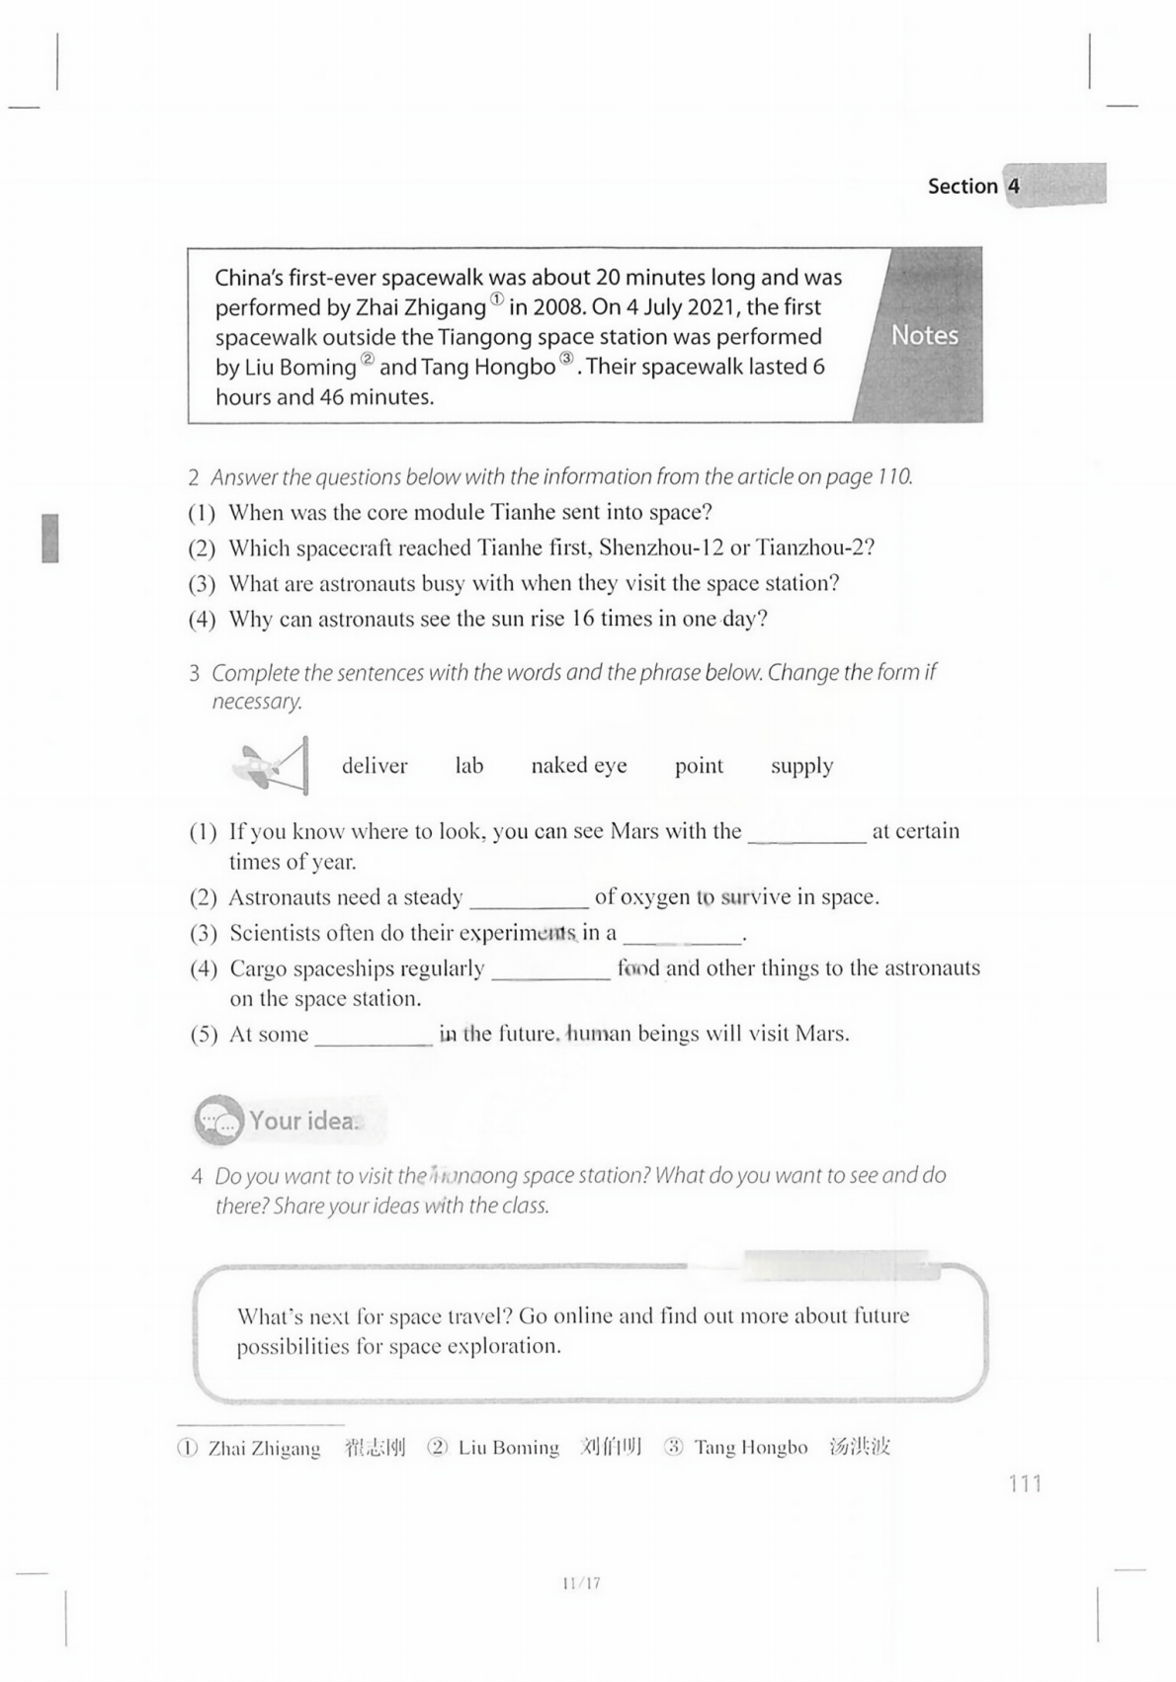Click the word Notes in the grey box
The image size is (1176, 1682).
tap(924, 336)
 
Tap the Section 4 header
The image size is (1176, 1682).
tap(972, 186)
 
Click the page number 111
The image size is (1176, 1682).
tap(1025, 1483)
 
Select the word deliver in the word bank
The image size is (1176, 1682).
tap(375, 766)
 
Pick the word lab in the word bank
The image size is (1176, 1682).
tap(469, 766)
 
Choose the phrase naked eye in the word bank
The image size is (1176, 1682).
tap(579, 766)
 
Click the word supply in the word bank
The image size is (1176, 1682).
tap(801, 766)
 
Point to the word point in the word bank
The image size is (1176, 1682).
tap(699, 766)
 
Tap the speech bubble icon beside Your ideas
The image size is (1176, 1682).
tap(218, 1121)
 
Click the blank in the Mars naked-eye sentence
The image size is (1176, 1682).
tap(806, 833)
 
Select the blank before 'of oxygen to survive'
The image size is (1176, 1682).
tap(529, 898)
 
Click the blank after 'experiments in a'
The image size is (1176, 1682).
tap(682, 934)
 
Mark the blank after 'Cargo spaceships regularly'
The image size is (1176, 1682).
tap(550, 969)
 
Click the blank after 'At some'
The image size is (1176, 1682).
tap(374, 1036)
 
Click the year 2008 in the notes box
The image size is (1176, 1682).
tap(558, 307)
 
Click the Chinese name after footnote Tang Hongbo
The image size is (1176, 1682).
tap(860, 1448)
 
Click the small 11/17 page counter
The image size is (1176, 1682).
tap(581, 1583)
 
